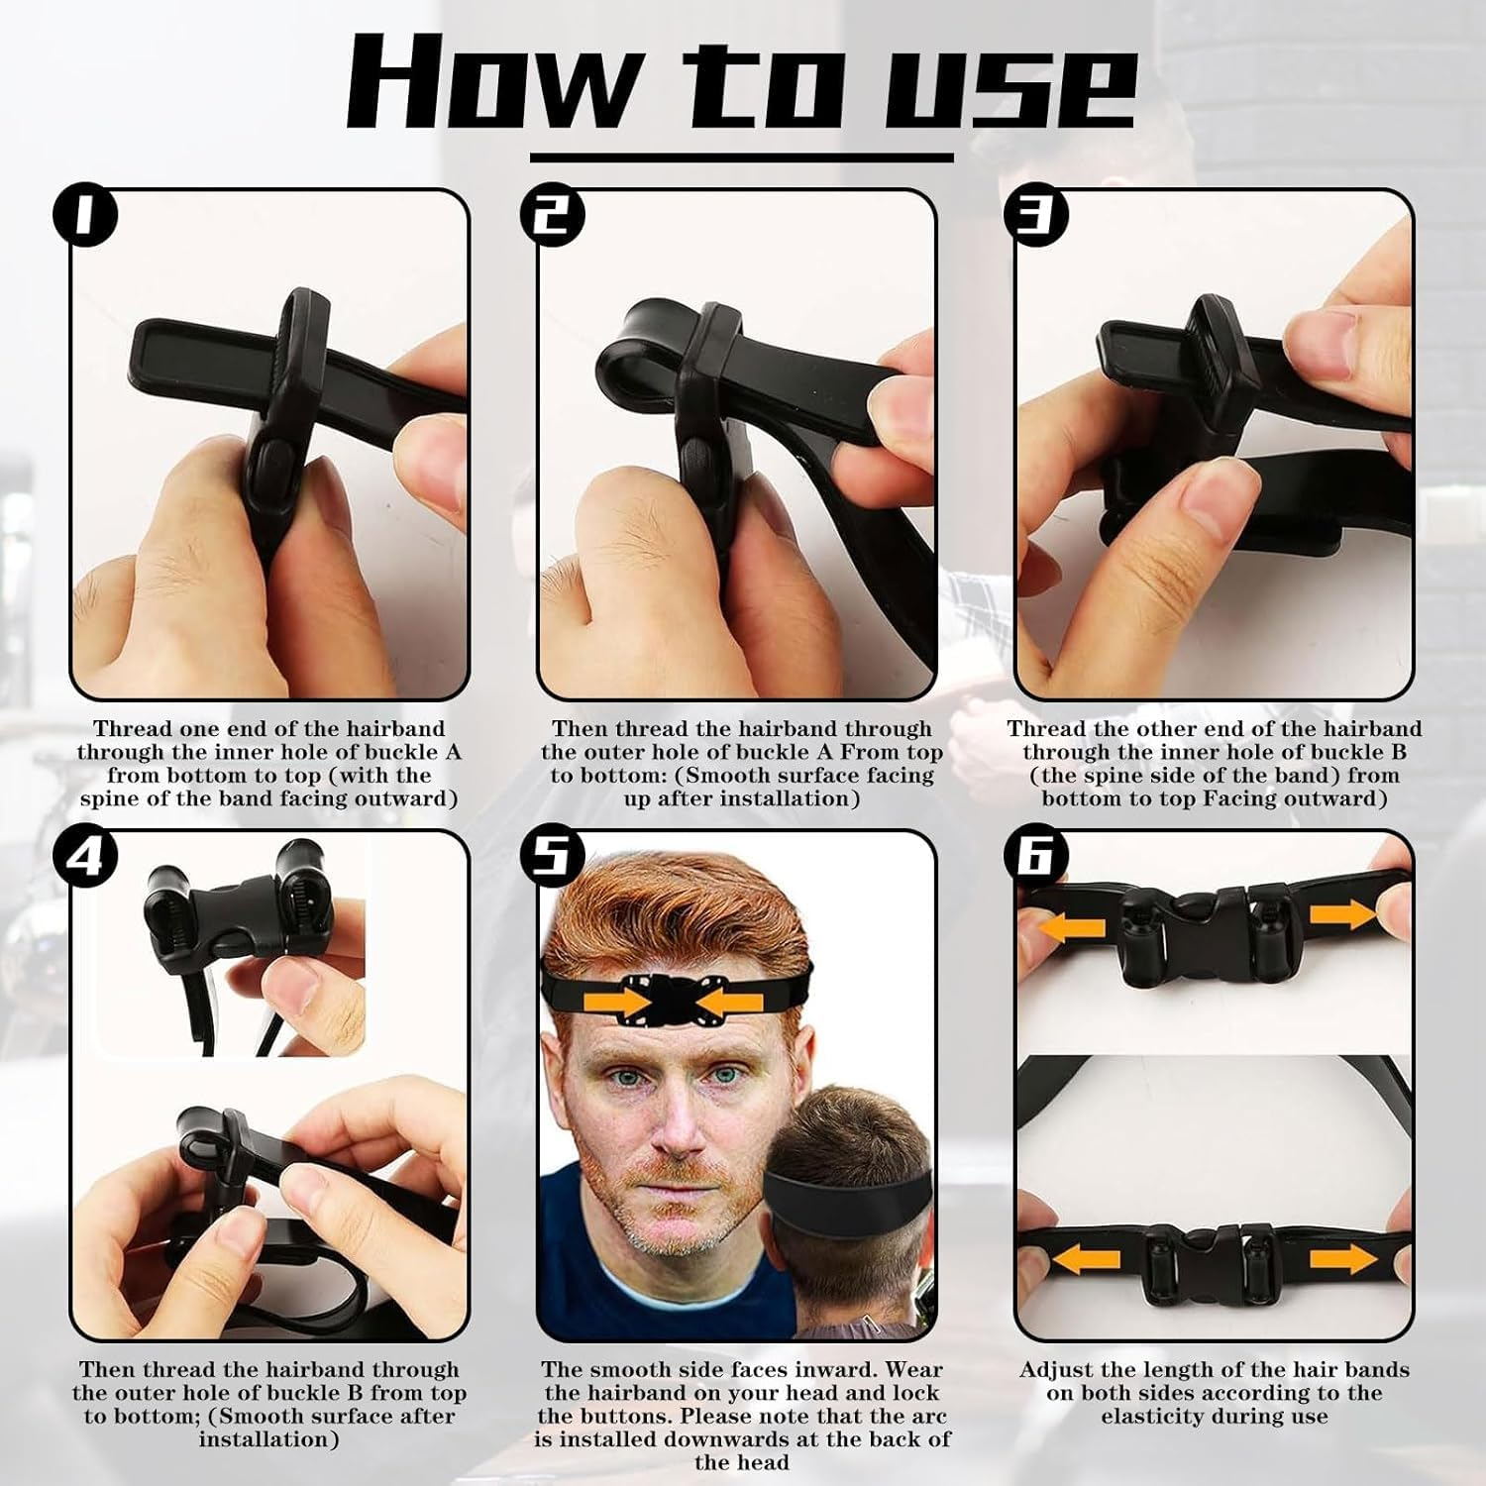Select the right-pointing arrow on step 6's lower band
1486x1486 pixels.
pos(1343,1260)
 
